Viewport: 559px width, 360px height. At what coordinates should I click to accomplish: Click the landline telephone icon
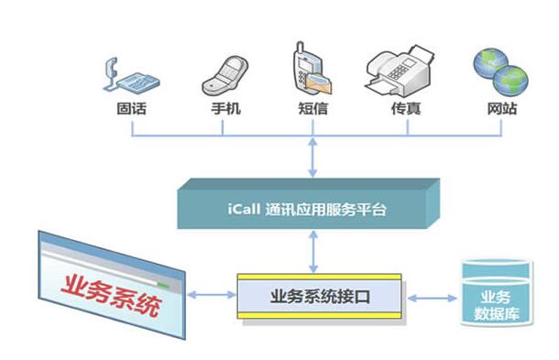tap(131, 76)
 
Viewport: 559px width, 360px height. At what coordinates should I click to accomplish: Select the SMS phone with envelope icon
tap(312, 70)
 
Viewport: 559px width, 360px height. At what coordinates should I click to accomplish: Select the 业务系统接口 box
tap(320, 295)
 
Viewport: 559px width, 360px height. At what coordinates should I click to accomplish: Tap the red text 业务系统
tap(108, 296)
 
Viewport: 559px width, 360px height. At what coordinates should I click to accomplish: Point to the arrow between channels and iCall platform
tap(313, 158)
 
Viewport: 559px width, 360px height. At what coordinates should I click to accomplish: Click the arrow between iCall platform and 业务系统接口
tap(313, 250)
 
